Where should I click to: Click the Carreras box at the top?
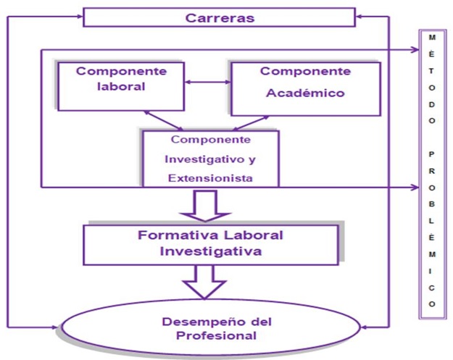[x=219, y=17]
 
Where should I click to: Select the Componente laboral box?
[x=121, y=86]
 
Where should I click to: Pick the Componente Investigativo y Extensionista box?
[x=210, y=158]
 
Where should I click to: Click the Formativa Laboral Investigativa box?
[x=210, y=243]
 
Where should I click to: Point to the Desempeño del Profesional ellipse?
[x=210, y=328]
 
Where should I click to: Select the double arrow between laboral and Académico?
[x=207, y=82]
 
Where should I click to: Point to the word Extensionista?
[x=209, y=176]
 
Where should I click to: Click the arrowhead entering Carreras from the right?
[x=360, y=14]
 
